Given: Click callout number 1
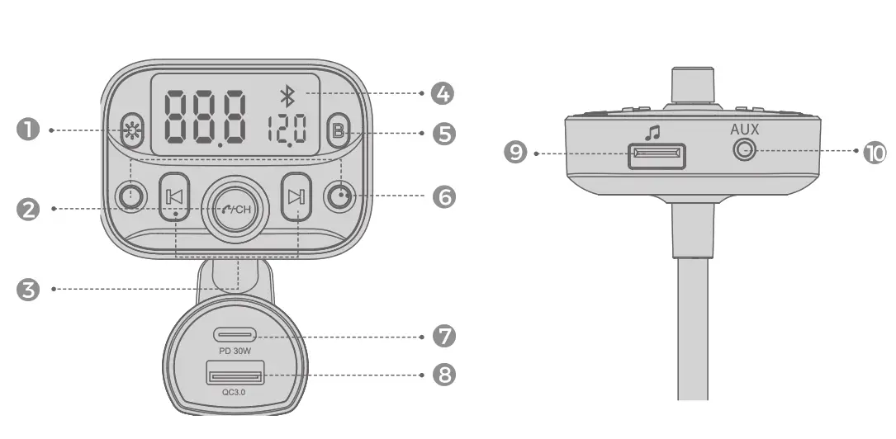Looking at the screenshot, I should (29, 130).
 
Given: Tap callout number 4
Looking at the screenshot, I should (443, 93).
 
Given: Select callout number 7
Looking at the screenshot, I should (443, 336).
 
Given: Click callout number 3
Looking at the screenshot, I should (29, 290).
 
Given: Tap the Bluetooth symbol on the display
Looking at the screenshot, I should (287, 97).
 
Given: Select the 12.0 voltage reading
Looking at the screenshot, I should (287, 130).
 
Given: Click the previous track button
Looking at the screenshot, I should (175, 196).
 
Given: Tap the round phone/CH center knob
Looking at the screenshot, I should (234, 208).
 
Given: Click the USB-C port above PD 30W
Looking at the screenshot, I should (235, 335).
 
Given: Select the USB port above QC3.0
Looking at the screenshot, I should (235, 377).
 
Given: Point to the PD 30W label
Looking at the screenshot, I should (235, 350).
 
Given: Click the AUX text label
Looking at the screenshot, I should (744, 130).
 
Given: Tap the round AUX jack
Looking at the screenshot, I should (745, 151).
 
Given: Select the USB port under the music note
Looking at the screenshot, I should (657, 154).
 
